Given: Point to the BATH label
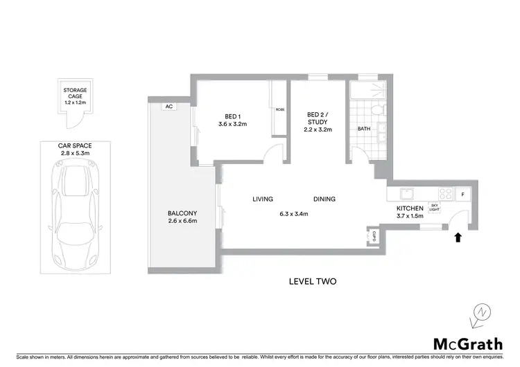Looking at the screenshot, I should [364, 129].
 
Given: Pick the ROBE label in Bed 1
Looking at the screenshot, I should [280, 110].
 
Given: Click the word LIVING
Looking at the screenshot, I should [263, 199].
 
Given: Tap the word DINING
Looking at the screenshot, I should [324, 199].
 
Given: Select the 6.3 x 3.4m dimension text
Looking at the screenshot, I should [293, 213].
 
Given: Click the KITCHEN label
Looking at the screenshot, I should [410, 208].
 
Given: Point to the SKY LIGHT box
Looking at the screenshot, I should [435, 206].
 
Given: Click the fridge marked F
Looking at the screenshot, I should [462, 195].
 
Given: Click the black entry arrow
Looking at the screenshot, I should [456, 238].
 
